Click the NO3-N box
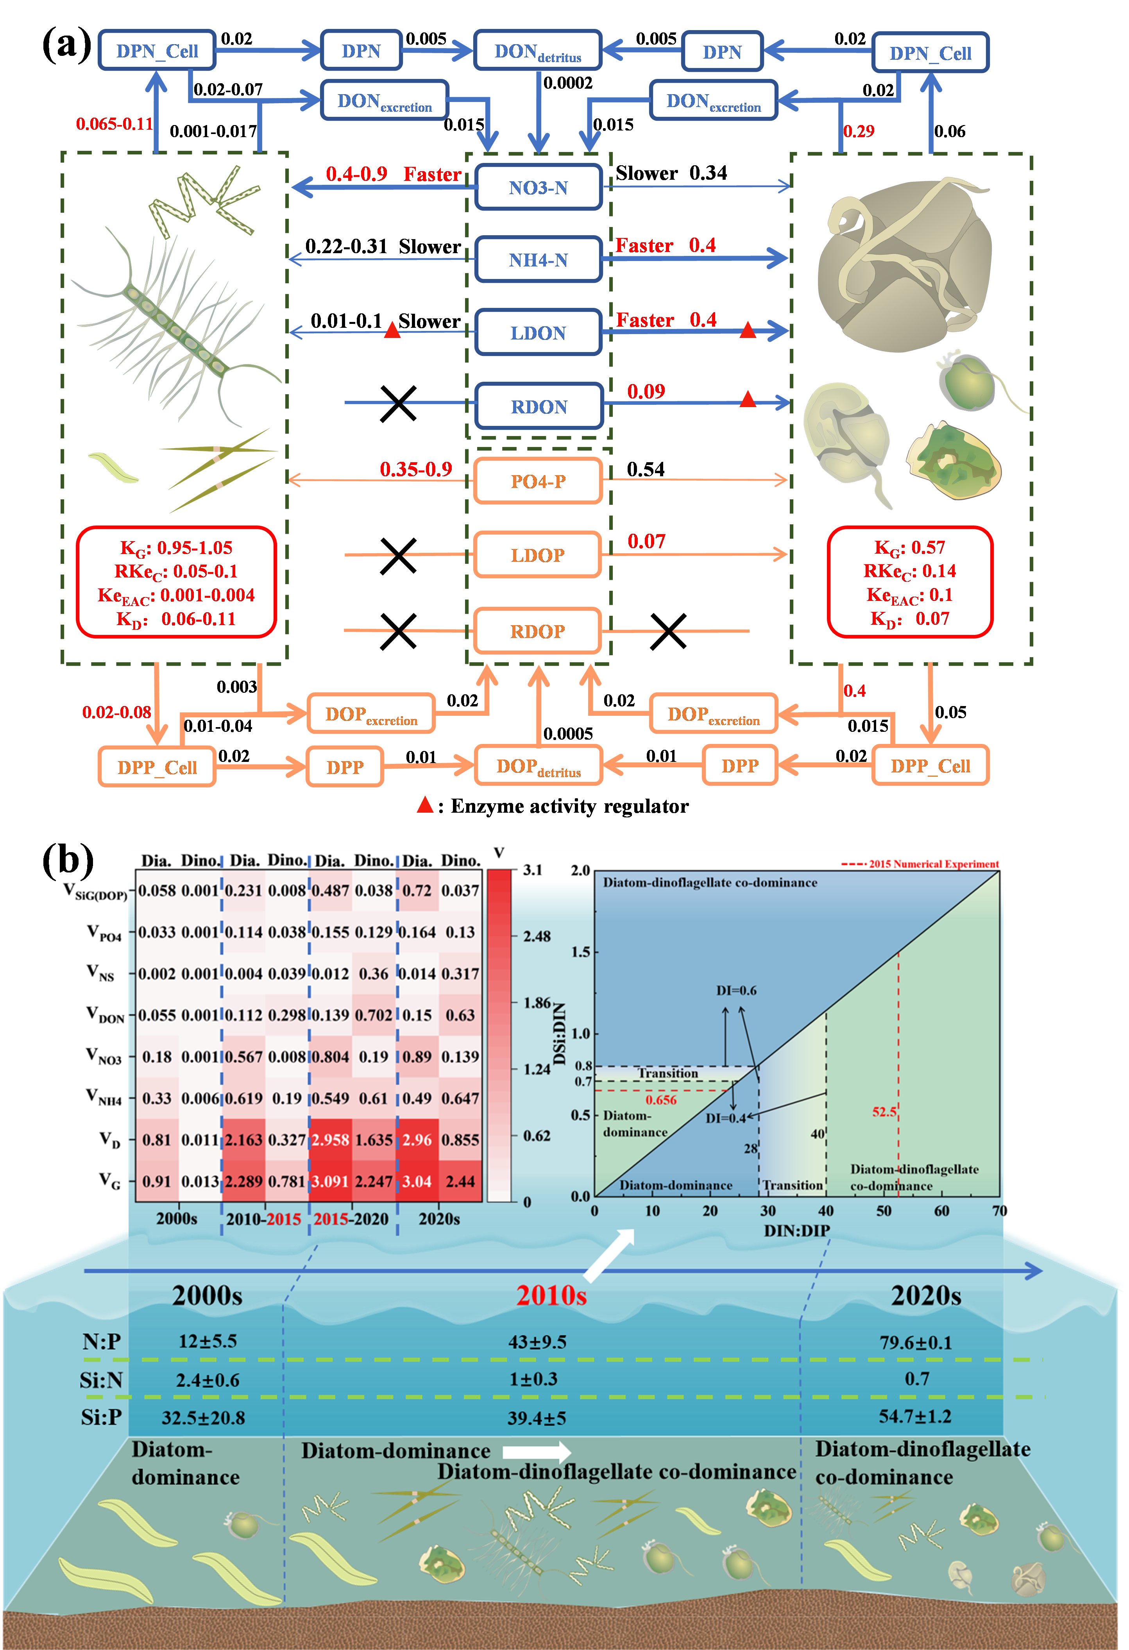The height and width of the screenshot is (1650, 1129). click(x=538, y=188)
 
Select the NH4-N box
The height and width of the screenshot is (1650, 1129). click(x=538, y=260)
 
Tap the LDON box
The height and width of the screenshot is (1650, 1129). click(x=538, y=333)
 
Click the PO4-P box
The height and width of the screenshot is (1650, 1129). click(x=538, y=481)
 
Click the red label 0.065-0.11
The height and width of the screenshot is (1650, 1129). click(x=115, y=124)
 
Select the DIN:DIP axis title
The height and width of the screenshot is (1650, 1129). click(x=796, y=1230)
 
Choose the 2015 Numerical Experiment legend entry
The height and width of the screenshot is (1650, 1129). click(x=933, y=864)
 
